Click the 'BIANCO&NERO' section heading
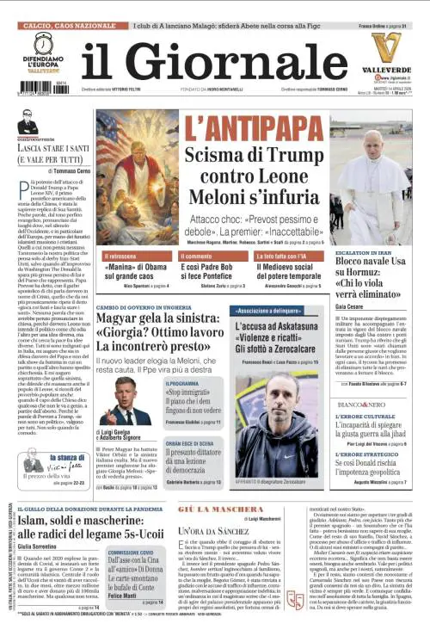tap(361, 403)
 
